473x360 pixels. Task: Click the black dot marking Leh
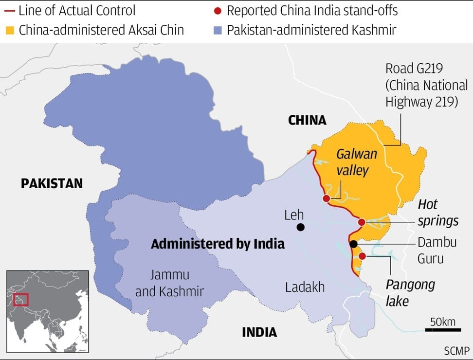pyautogui.click(x=301, y=227)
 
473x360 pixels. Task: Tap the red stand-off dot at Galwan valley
pyautogui.click(x=326, y=198)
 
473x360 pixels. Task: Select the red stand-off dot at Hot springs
pyautogui.click(x=362, y=222)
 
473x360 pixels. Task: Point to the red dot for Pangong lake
pyautogui.click(x=362, y=256)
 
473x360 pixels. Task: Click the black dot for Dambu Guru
pyautogui.click(x=354, y=244)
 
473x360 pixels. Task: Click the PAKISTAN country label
pyautogui.click(x=52, y=183)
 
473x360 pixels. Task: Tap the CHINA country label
pyautogui.click(x=307, y=120)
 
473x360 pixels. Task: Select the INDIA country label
pyautogui.click(x=259, y=332)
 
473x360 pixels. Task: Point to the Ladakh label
pyautogui.click(x=305, y=287)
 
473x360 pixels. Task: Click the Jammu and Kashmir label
pyautogui.click(x=169, y=283)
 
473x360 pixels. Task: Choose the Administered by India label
pyautogui.click(x=218, y=244)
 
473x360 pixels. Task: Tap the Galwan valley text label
pyautogui.click(x=357, y=162)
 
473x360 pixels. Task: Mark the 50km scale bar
pyautogui.click(x=442, y=330)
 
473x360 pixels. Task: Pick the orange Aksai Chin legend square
pyautogui.click(x=9, y=30)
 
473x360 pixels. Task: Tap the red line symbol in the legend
pyautogui.click(x=9, y=10)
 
